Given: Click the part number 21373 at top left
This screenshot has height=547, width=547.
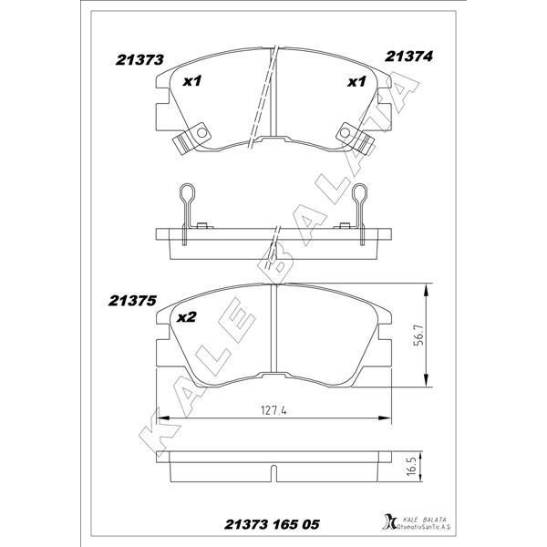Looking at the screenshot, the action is point(139,59).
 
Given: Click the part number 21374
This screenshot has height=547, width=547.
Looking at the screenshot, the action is point(408,57).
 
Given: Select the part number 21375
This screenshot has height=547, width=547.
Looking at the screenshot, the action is point(132,301).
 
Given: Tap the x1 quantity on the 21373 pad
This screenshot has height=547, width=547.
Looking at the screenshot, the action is point(192,82).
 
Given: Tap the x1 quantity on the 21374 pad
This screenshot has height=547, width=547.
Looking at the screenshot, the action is point(356,82).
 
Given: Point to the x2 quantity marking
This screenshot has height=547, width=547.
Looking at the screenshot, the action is point(187,317).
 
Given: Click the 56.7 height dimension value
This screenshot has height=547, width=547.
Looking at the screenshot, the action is point(419,335).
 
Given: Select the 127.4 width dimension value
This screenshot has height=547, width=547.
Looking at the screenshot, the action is point(273,410).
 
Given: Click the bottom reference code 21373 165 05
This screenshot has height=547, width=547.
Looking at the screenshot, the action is point(272,524).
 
